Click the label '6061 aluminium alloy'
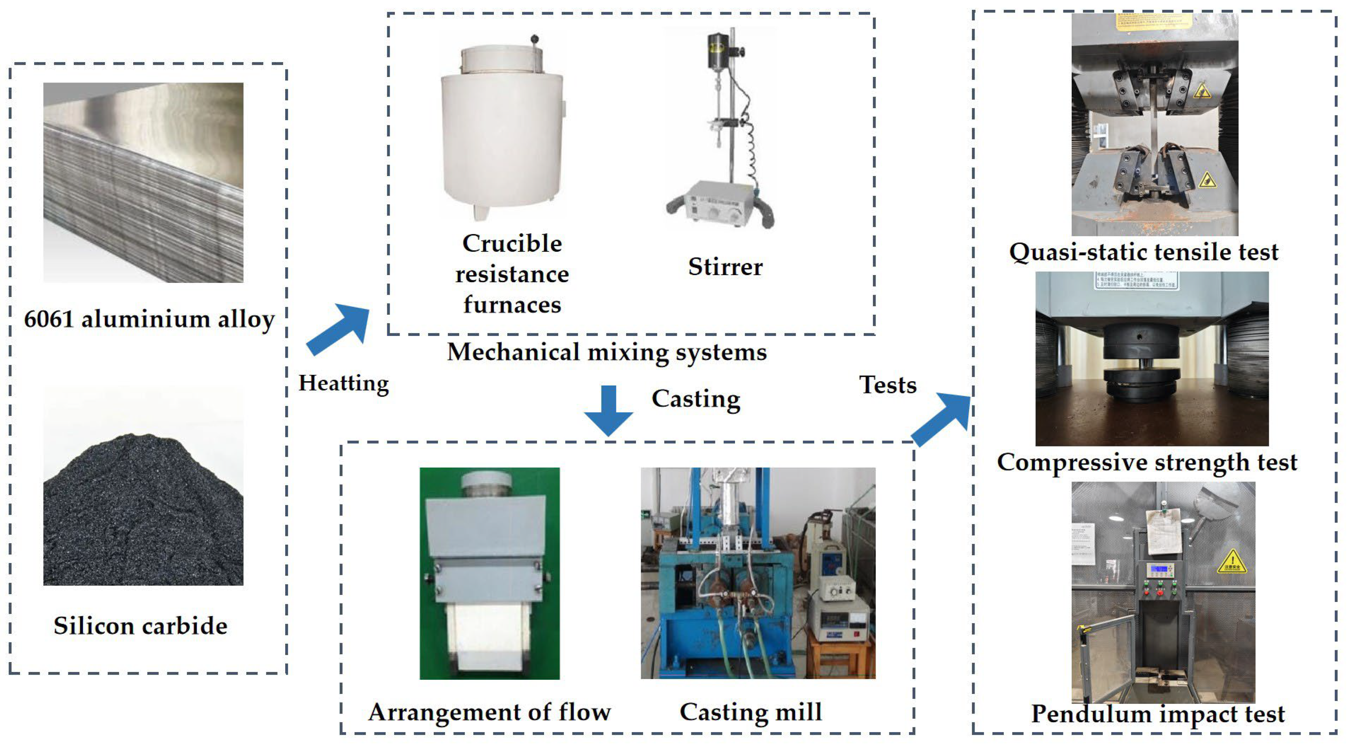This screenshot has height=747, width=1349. (149, 319)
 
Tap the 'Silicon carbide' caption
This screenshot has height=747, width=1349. (140, 626)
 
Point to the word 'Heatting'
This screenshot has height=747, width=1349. (343, 383)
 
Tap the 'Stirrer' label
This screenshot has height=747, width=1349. (725, 267)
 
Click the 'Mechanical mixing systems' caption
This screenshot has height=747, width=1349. (607, 352)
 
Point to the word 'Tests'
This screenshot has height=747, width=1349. (888, 385)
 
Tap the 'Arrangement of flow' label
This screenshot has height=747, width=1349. (489, 712)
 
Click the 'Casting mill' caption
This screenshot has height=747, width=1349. (750, 712)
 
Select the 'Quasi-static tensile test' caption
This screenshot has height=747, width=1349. (1144, 252)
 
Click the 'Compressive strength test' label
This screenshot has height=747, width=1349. (1147, 463)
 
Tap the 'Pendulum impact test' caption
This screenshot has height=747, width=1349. (1158, 714)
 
